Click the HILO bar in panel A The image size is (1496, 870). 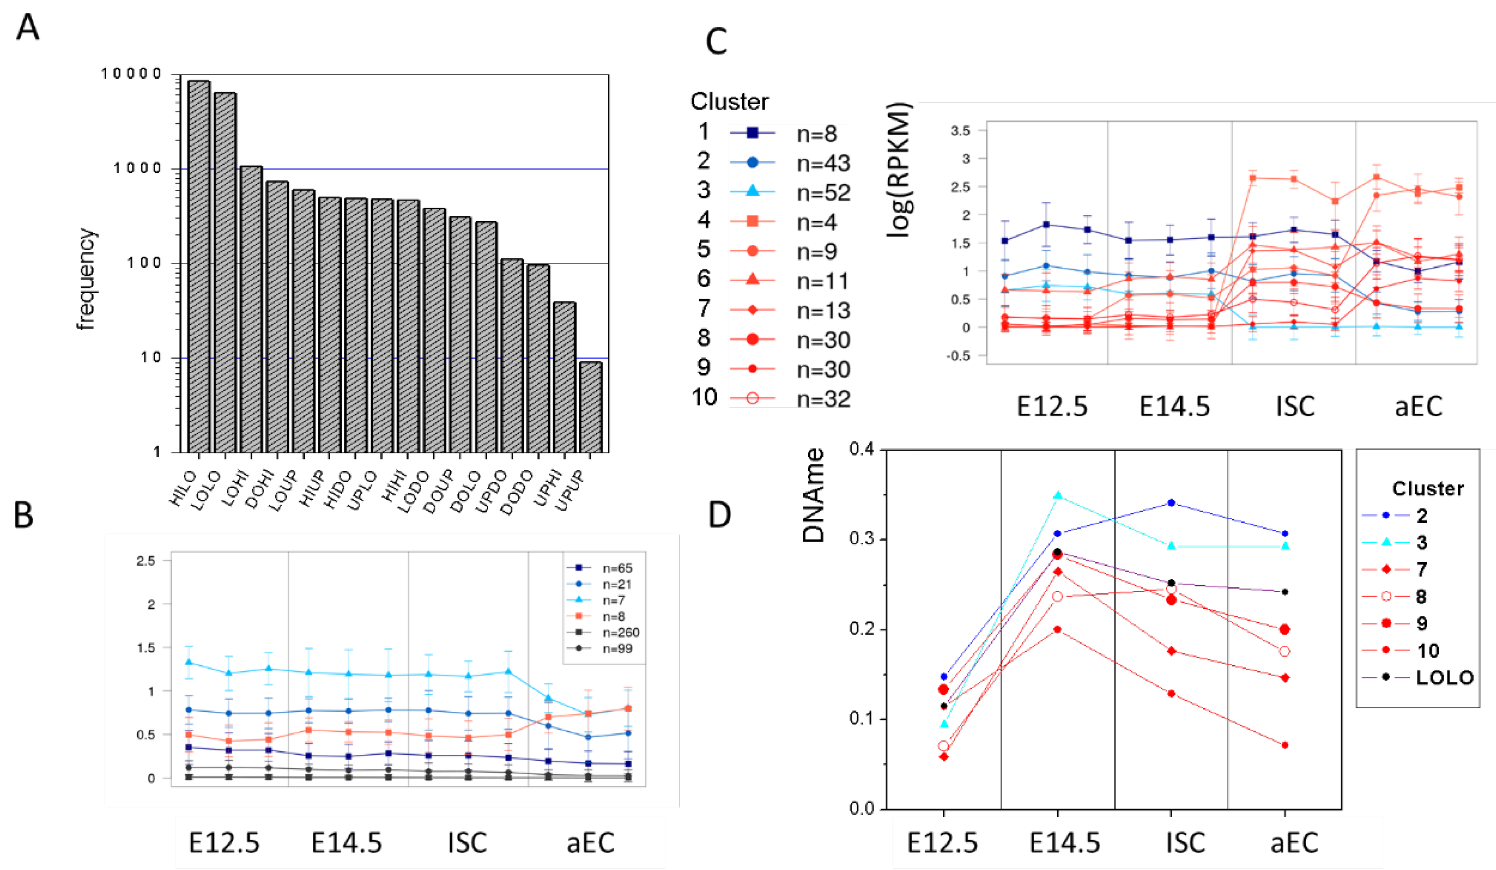[199, 267]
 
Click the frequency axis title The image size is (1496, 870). [86, 279]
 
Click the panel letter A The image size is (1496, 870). [27, 27]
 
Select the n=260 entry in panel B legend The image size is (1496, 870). [621, 633]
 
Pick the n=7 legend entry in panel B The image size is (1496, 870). [614, 601]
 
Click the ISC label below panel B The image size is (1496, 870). [467, 843]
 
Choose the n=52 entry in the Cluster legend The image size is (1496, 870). [823, 192]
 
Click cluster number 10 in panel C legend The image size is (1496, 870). [704, 397]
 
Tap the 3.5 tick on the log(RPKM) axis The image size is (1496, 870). [960, 131]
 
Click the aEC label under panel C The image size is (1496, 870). [1418, 407]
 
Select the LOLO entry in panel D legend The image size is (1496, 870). [1445, 678]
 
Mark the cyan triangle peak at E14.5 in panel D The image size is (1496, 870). [1057, 495]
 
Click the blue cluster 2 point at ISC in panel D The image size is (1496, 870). [1171, 502]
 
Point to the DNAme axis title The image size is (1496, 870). [814, 495]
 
